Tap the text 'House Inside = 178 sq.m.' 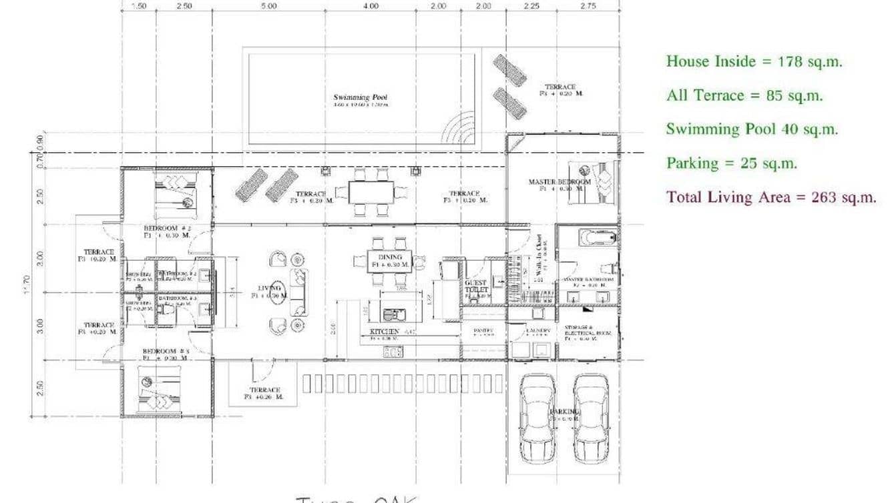tap(754, 61)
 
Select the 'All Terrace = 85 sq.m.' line tap(744, 95)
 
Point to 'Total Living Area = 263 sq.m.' tap(771, 197)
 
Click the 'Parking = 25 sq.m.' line tap(731, 163)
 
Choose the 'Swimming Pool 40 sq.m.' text tap(751, 129)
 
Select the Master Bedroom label tap(559, 182)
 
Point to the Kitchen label tap(385, 332)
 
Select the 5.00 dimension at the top tap(269, 6)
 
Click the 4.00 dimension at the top tap(371, 6)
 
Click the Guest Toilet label tap(477, 286)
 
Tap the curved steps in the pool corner tap(461, 131)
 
